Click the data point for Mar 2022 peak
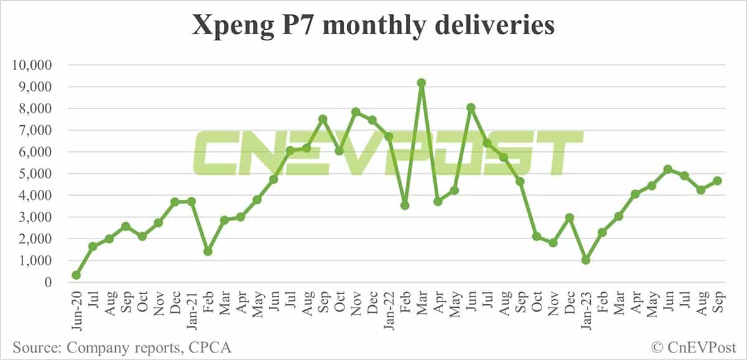[421, 83]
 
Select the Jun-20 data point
[77, 275]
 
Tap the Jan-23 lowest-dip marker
[586, 260]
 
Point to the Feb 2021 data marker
[208, 251]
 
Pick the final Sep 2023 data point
[717, 181]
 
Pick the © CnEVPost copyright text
[695, 347]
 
